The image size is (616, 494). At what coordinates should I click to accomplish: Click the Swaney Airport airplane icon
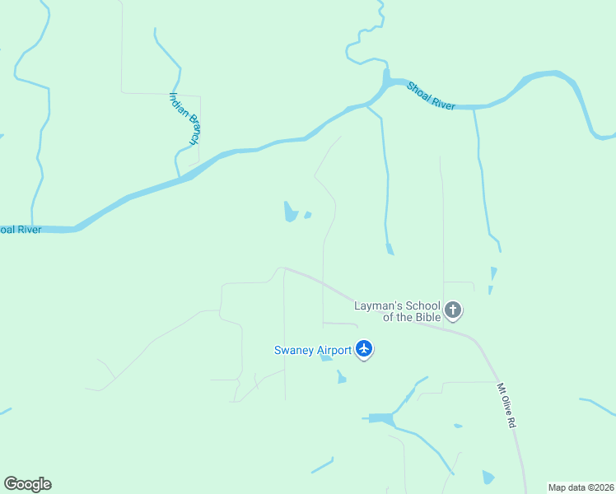pos(364,349)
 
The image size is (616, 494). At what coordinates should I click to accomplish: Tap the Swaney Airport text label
pos(313,350)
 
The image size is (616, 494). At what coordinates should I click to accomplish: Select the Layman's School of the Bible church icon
pos(452,310)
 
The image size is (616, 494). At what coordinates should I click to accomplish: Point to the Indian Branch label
pos(184,118)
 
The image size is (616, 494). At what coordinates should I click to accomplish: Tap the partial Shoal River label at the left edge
pos(21,230)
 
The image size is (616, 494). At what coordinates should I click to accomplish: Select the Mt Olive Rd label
pos(506,404)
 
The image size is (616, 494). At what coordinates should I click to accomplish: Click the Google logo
pos(27,483)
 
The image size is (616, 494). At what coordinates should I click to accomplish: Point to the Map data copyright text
pos(581,487)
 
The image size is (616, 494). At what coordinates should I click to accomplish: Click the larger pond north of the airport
pos(290,212)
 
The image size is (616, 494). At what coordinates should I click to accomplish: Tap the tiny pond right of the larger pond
pos(307,216)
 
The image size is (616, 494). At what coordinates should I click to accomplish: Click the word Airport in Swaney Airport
pos(334,350)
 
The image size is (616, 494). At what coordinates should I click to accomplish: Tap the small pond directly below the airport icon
pos(341,377)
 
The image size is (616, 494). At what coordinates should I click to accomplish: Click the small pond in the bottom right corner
pos(488,477)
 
